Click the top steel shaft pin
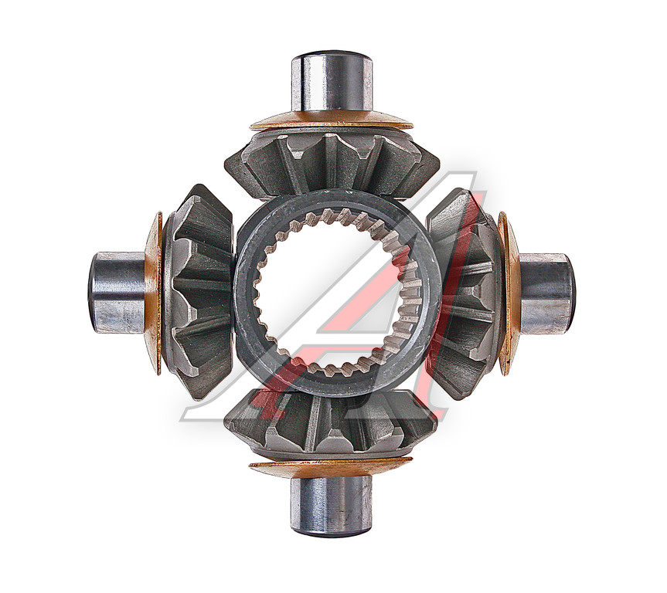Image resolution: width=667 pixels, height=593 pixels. coord(332,82)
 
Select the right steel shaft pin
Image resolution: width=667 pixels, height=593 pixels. coord(547,293)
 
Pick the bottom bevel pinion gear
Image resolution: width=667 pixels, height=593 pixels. coord(331,425)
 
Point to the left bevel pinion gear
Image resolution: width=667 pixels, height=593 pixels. coord(199,293)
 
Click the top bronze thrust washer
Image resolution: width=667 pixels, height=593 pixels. coord(332,120)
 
